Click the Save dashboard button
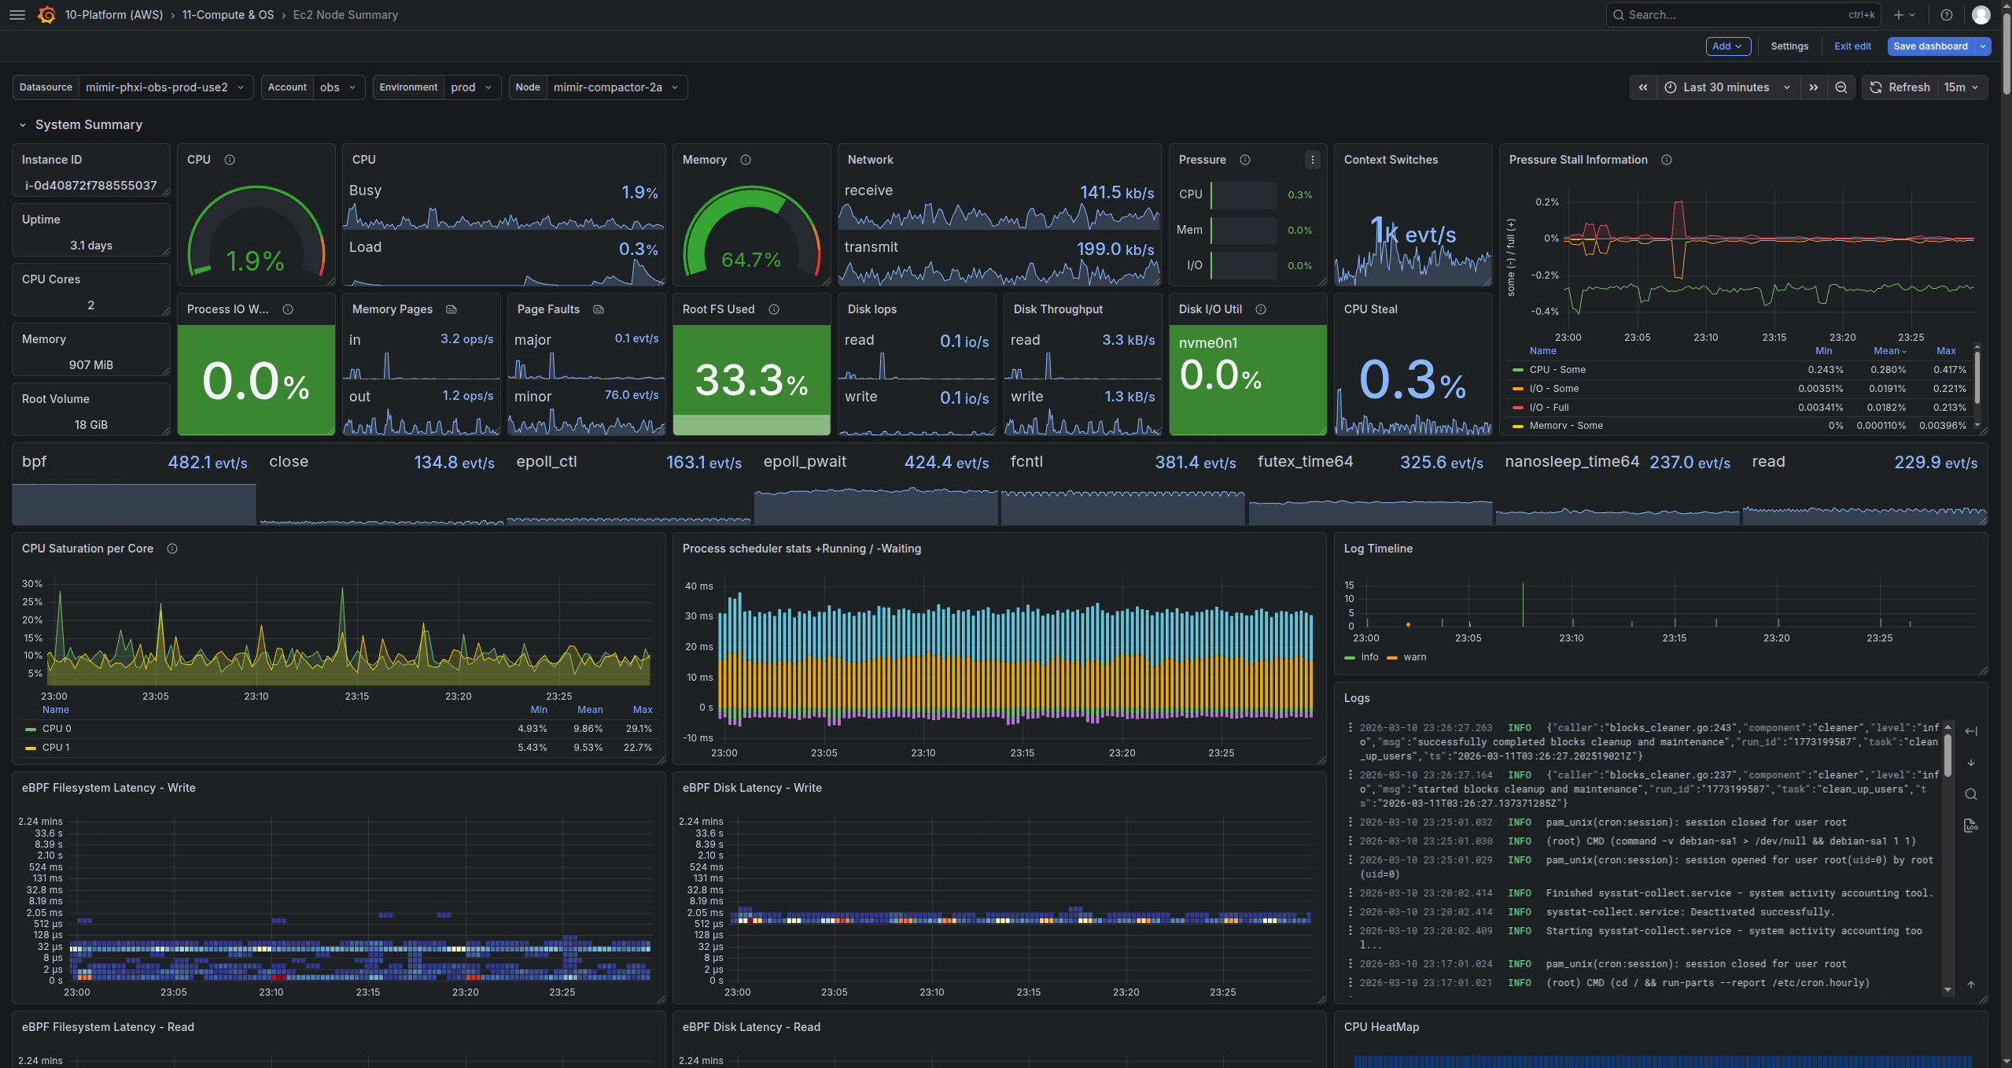pyautogui.click(x=1929, y=46)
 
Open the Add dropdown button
pyautogui.click(x=1727, y=46)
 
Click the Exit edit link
pyautogui.click(x=1852, y=46)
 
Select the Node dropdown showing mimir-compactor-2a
pyautogui.click(x=614, y=87)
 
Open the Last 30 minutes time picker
pyautogui.click(x=1726, y=87)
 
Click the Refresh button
pyautogui.click(x=1900, y=87)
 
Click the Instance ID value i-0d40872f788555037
pyautogui.click(x=91, y=186)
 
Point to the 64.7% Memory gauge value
pyautogui.click(x=750, y=260)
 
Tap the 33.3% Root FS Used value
pyautogui.click(x=750, y=381)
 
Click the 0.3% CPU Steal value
pyautogui.click(x=1412, y=381)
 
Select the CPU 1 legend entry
pyautogui.click(x=56, y=748)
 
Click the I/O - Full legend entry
pyautogui.click(x=1548, y=408)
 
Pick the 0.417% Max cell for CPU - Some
pyautogui.click(x=1949, y=370)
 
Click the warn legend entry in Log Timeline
pyautogui.click(x=1413, y=657)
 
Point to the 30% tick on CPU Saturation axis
pyautogui.click(x=32, y=584)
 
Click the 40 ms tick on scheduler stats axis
pyautogui.click(x=698, y=586)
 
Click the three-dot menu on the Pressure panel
pyautogui.click(x=1312, y=160)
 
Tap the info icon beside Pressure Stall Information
pyautogui.click(x=1666, y=160)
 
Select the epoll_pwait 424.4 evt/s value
pyautogui.click(x=945, y=463)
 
